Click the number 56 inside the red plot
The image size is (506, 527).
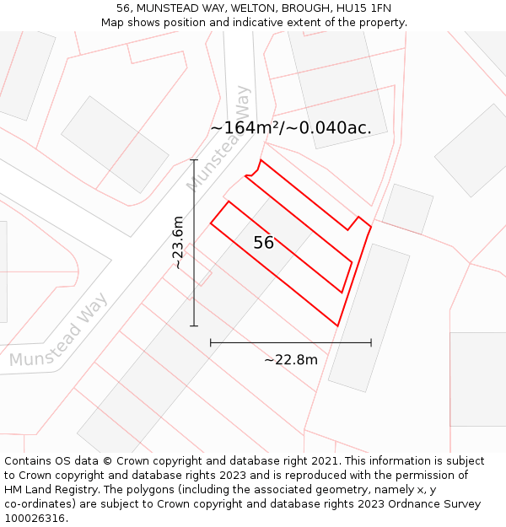264,243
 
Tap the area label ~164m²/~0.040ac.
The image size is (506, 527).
291,128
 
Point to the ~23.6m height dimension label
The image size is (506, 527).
178,243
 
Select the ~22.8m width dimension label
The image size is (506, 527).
291,360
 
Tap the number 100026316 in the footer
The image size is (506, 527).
35,519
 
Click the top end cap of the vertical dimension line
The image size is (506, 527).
194,159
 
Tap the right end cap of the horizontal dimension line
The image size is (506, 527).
371,342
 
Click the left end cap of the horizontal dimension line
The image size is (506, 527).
210,342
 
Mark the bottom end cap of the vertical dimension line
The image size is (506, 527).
194,325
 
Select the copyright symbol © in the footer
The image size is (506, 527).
107,461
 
